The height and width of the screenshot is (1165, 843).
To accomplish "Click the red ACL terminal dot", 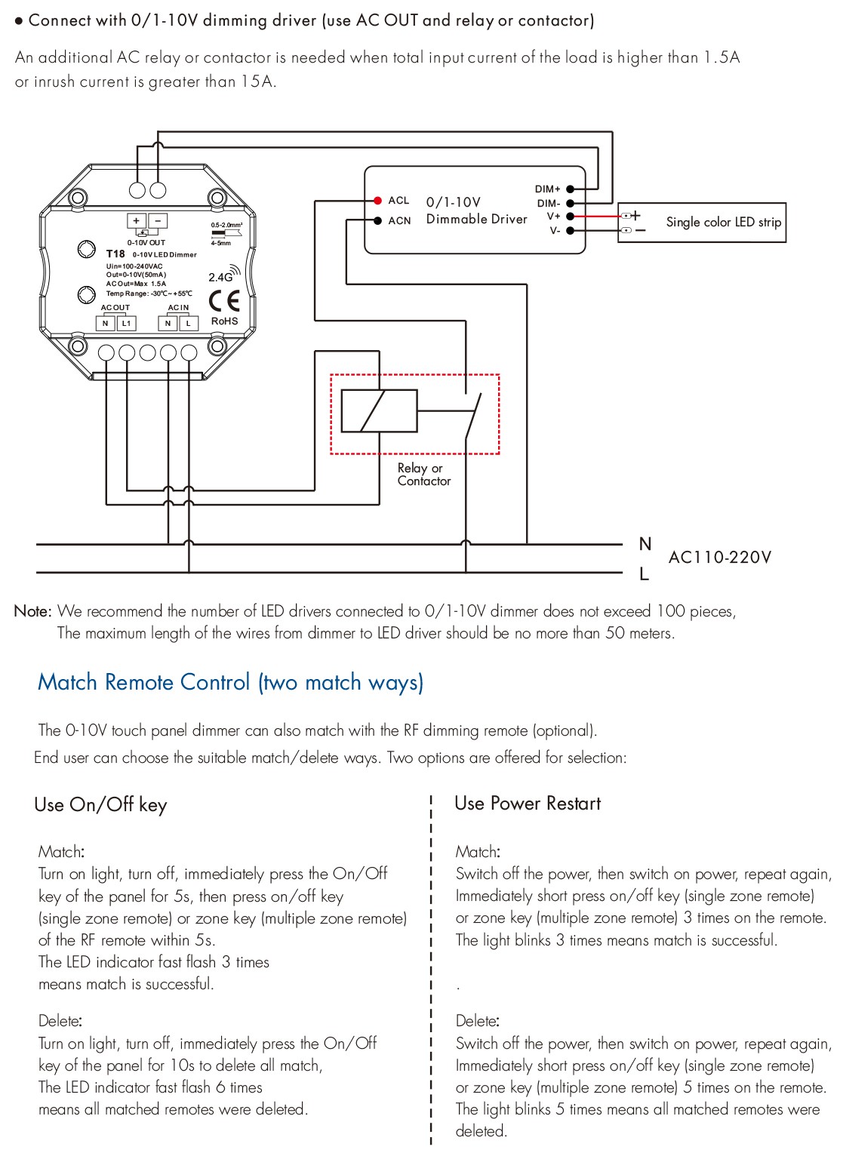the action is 378,200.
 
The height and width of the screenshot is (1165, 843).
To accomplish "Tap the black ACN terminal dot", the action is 378,220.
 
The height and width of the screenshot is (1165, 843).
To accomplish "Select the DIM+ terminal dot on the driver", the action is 570,189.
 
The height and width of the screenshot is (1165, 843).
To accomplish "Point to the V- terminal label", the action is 555,230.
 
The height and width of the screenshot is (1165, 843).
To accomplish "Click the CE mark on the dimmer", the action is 224,301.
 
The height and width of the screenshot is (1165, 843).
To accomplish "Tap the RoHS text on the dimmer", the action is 224,321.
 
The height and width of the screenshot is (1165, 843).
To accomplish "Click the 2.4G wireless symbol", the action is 224,274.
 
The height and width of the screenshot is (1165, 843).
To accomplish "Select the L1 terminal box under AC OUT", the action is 126,324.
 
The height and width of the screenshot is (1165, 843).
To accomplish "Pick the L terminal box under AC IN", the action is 189,324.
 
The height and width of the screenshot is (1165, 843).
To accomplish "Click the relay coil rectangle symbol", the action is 379,411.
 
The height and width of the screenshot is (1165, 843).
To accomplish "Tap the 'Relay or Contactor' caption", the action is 424,475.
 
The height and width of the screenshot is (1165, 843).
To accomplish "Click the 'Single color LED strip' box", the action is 702,223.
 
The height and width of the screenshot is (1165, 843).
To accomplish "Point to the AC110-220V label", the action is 719,558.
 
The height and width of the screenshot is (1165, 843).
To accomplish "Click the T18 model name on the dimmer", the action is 115,254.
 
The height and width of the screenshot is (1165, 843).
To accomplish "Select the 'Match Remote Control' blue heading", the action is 230,682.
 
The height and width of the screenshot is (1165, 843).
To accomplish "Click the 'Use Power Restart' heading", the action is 528,804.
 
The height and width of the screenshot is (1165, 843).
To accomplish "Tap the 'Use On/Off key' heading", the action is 100,805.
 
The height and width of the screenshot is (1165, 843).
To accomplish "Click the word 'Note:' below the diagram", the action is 32,611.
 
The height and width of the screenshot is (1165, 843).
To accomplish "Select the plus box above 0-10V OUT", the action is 137,220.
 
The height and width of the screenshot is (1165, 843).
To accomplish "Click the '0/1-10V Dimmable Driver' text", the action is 476,211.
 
